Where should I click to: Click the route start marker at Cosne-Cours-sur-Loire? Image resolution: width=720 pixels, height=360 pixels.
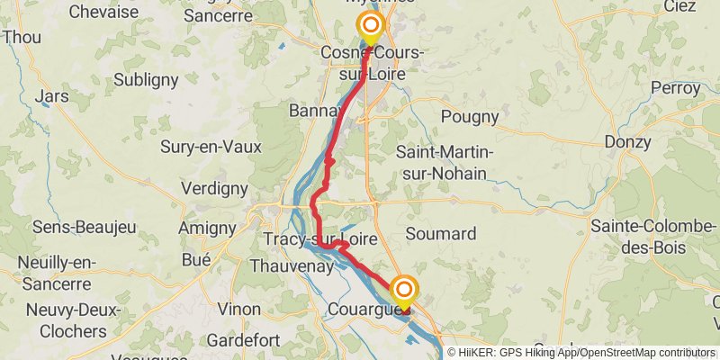(369, 24)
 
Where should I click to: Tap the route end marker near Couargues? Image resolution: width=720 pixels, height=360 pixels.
(404, 289)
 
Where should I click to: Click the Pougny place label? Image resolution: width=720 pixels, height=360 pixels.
(470, 116)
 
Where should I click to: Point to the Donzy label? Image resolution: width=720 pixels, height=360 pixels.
(627, 141)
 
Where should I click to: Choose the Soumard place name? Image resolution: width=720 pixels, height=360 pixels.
(441, 234)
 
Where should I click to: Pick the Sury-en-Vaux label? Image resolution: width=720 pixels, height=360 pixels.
(211, 146)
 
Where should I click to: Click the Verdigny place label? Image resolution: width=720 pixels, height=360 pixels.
(214, 188)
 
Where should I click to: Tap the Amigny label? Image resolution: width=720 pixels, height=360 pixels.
(206, 229)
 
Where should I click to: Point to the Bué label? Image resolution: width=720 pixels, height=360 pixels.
(195, 260)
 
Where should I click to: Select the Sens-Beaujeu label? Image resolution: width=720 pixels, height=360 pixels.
(69, 227)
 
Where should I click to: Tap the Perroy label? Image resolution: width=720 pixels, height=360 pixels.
(676, 88)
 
